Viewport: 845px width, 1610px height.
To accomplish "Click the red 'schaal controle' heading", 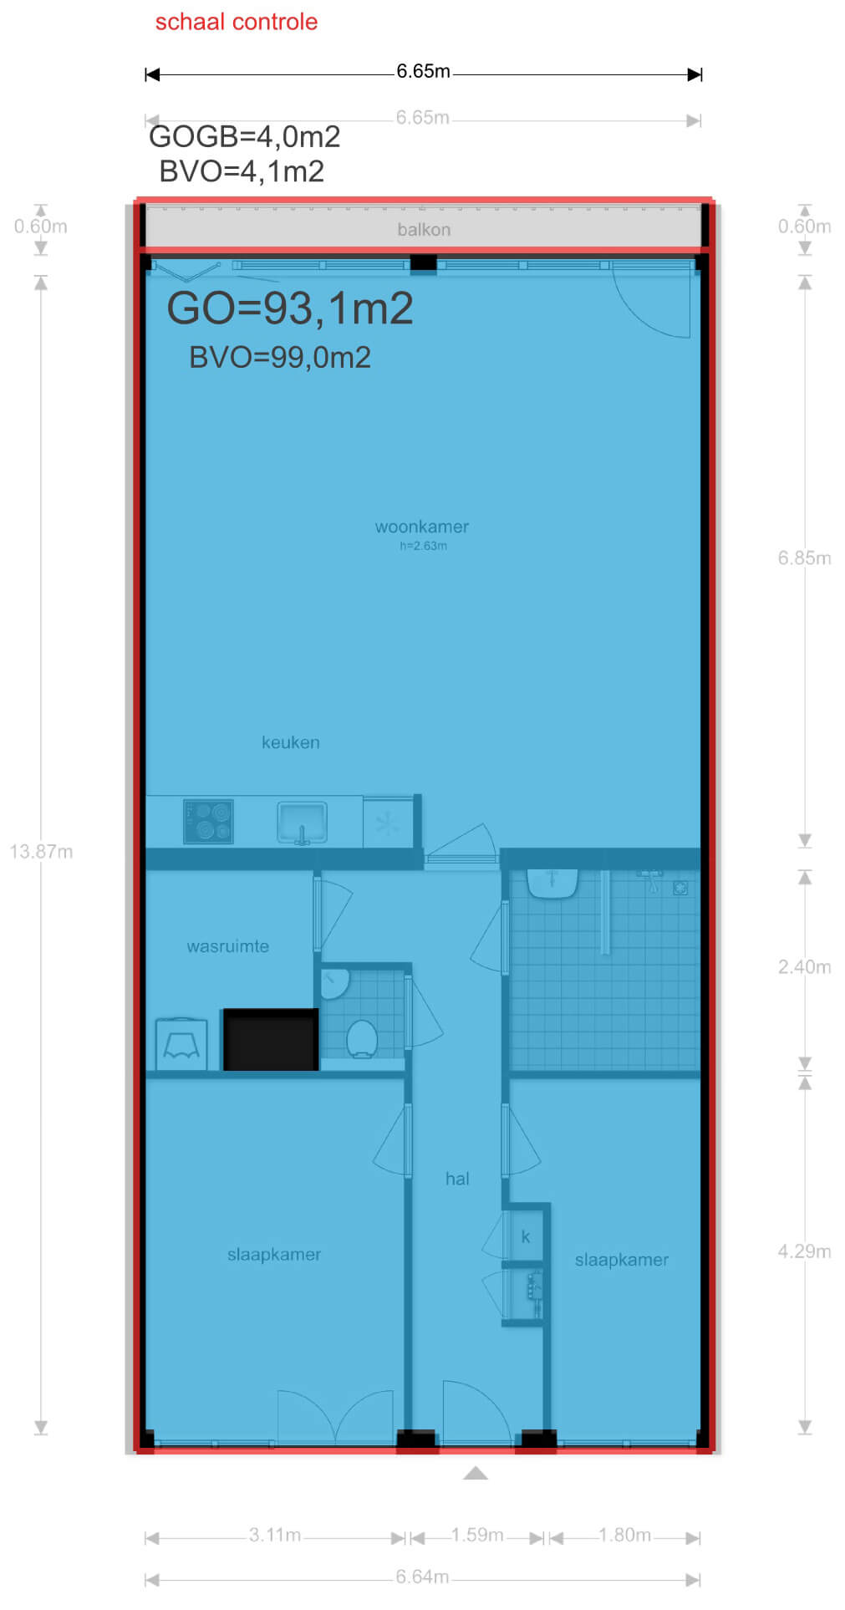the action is click(237, 22).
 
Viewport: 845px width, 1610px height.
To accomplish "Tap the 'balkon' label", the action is click(424, 230).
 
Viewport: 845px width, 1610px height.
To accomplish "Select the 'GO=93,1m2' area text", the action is click(290, 308).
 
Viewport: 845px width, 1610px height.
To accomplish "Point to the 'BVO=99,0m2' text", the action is click(280, 358).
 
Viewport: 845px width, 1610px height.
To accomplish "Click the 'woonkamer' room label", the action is click(422, 527).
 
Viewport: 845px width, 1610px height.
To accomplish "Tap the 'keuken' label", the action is click(291, 742).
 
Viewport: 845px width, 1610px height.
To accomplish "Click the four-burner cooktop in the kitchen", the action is click(208, 821).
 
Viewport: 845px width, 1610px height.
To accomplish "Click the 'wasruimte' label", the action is click(228, 946).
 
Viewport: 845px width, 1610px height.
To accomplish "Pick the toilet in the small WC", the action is click(362, 1038).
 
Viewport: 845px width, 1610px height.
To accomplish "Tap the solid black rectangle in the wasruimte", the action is click(271, 1040).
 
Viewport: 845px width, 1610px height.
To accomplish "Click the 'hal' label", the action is click(457, 1179).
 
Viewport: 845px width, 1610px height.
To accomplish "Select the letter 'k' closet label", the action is click(526, 1236).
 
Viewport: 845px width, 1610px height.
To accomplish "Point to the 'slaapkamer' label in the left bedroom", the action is click(274, 1255).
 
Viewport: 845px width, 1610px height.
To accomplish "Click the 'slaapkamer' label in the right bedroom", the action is click(622, 1260).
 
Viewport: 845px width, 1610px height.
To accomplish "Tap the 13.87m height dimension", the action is click(41, 852).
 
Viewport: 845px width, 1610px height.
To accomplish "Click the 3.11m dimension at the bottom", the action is click(275, 1536).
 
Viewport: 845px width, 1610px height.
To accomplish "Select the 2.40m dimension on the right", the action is click(804, 967).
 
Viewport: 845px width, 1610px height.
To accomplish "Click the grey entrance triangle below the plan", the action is click(476, 1473).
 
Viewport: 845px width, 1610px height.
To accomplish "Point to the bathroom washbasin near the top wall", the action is click(552, 883).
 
